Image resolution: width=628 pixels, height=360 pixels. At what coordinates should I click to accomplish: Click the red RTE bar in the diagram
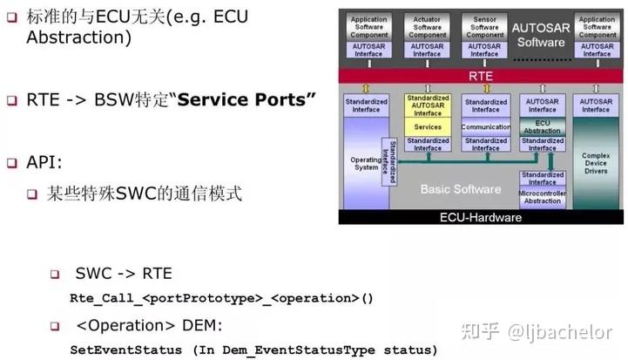[x=481, y=76]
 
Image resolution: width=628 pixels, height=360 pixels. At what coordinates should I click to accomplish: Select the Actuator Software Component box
[x=427, y=25]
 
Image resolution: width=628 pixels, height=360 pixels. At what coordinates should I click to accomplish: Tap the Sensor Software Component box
[x=485, y=25]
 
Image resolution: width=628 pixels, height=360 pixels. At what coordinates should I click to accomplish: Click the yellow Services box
[x=427, y=127]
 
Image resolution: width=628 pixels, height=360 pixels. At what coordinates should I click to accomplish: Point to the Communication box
[x=485, y=127]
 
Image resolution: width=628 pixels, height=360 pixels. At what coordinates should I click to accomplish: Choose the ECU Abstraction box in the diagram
[x=542, y=126]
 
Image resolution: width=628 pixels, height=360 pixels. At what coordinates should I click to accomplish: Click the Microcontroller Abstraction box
[x=542, y=197]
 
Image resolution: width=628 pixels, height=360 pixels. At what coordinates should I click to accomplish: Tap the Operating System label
[x=365, y=166]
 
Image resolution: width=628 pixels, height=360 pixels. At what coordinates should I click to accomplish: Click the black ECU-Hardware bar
[x=481, y=217]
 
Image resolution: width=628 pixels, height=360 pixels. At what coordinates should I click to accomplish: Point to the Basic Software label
[x=460, y=189]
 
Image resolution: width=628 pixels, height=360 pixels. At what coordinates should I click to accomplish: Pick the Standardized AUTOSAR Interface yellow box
[x=427, y=105]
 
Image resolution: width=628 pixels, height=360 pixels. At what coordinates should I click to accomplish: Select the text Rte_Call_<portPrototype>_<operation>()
[x=221, y=299]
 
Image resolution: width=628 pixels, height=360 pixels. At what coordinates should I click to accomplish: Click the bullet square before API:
[x=12, y=163]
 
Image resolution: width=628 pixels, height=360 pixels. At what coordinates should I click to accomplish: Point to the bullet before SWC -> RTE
[x=55, y=275]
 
